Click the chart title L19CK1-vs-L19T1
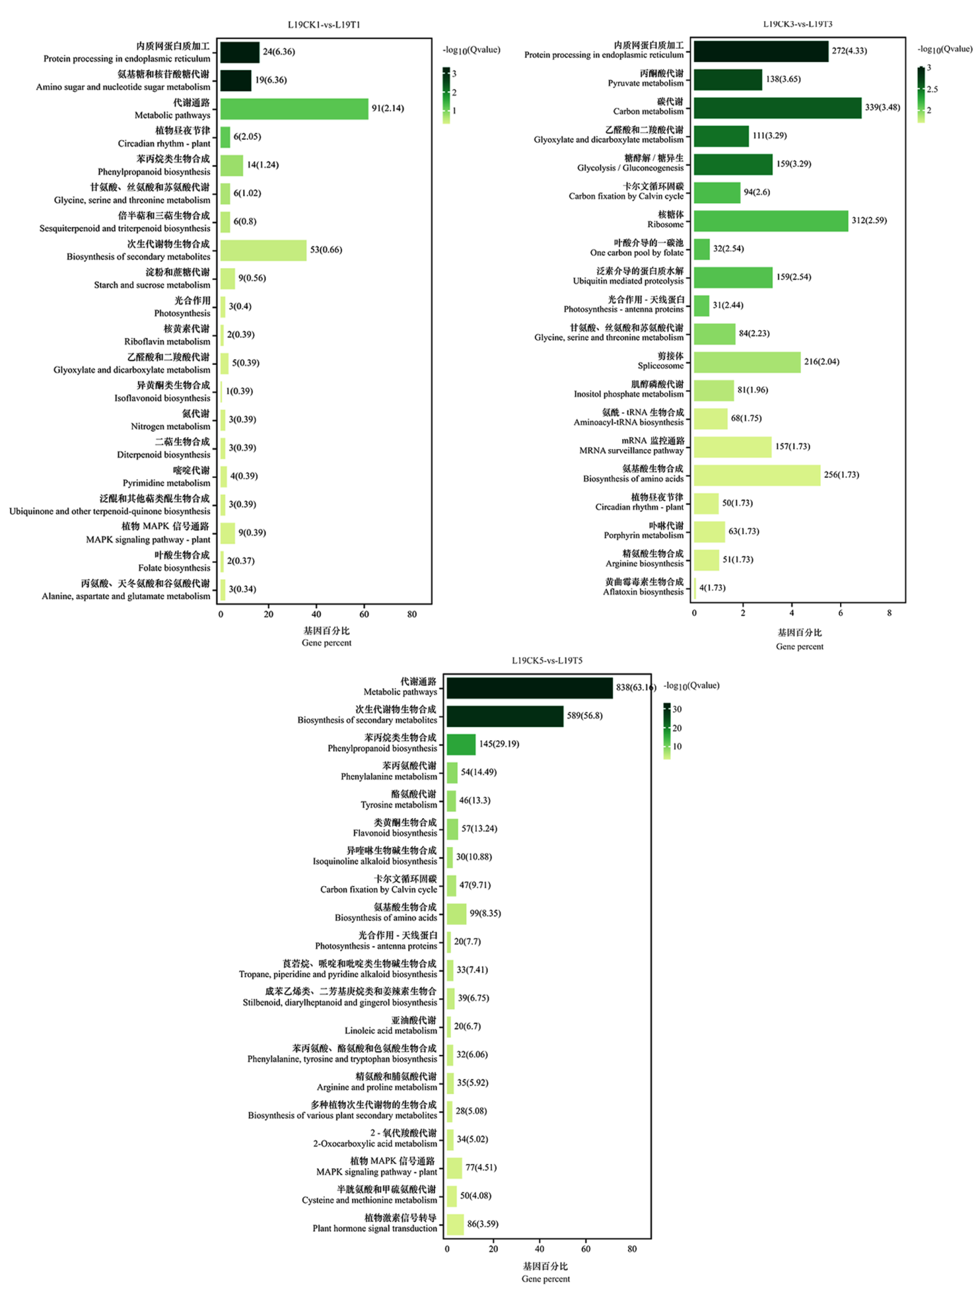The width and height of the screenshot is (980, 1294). [x=324, y=25]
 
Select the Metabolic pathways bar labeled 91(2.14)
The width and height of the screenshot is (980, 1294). [x=294, y=109]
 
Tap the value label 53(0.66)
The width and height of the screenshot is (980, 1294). [x=326, y=250]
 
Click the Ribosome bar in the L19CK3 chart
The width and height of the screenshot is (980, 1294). [x=771, y=221]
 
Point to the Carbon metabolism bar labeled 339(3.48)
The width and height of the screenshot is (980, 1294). [x=778, y=107]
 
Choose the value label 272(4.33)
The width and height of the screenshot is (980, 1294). [x=849, y=51]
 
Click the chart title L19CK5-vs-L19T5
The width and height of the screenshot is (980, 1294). [x=547, y=660]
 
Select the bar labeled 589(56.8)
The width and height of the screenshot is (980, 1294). [x=505, y=716]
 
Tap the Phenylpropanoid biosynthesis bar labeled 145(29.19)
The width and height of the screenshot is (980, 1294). [x=461, y=745]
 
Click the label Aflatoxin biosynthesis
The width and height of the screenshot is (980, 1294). [x=643, y=592]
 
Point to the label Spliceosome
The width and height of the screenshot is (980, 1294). [x=660, y=366]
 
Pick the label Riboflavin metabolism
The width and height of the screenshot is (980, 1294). [x=167, y=342]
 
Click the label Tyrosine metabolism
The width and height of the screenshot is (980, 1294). [x=399, y=805]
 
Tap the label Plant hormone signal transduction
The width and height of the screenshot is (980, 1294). [x=375, y=1228]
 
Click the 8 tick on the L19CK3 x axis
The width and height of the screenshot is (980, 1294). [x=889, y=613]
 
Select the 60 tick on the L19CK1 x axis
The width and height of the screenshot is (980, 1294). [x=364, y=614]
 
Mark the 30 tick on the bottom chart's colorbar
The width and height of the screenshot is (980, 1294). [x=677, y=709]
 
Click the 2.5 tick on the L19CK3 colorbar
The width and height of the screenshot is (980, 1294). [x=932, y=89]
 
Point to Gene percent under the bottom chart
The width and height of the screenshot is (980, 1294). [x=545, y=1278]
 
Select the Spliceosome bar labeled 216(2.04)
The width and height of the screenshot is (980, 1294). [x=747, y=362]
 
